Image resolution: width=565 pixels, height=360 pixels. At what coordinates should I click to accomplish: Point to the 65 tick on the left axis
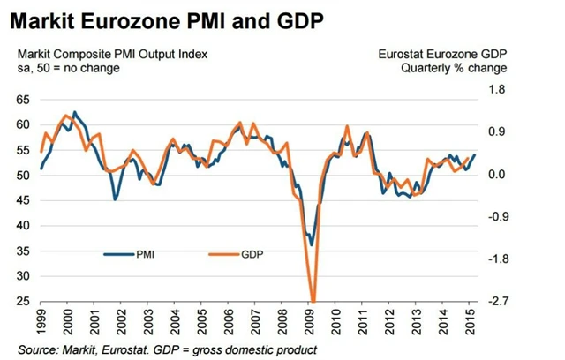pyautogui.click(x=24, y=101)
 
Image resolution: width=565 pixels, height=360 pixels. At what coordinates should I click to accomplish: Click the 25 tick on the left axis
pyautogui.click(x=24, y=302)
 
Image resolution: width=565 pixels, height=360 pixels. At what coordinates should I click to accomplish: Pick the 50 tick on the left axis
pyautogui.click(x=24, y=176)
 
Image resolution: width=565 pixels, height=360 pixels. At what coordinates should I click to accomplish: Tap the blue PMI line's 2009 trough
pyautogui.click(x=311, y=245)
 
